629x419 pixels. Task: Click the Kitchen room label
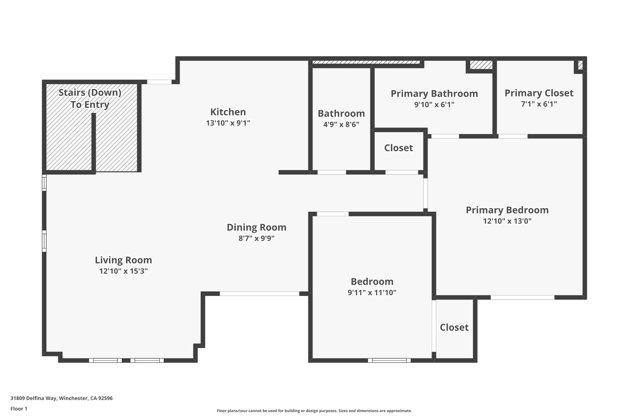(228, 112)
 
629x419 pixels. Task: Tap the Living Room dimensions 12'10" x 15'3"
(123, 271)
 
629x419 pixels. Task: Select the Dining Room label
(256, 227)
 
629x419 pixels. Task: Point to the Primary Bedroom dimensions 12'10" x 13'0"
(507, 221)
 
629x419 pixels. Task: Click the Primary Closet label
(539, 93)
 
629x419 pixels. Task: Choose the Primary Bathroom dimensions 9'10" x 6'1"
(434, 105)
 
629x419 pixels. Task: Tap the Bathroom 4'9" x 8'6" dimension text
(341, 124)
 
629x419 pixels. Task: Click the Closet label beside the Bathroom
(398, 148)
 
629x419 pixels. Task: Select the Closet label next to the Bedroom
(454, 327)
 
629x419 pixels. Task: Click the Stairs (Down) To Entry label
(90, 98)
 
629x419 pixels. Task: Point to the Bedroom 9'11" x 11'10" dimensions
(372, 293)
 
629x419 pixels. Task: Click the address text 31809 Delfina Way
(61, 398)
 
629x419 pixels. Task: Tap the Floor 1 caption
(19, 409)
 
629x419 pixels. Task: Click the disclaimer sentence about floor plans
(314, 411)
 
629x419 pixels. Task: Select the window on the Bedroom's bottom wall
(389, 360)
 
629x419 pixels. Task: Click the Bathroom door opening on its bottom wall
(331, 173)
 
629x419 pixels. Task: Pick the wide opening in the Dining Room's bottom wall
(259, 294)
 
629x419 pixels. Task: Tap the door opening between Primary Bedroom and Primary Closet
(513, 136)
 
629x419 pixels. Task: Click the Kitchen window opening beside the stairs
(159, 82)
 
